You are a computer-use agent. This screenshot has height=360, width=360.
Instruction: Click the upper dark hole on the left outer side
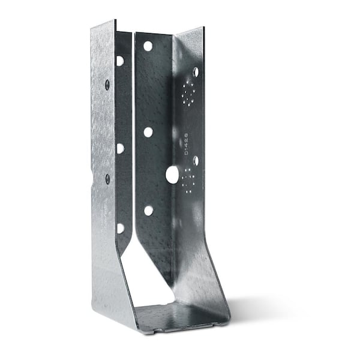click(107, 85)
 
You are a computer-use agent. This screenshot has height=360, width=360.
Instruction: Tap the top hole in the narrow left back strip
click(121, 61)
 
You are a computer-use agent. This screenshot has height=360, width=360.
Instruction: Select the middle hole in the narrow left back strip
click(121, 148)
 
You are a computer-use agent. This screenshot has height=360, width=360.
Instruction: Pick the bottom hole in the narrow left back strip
click(121, 227)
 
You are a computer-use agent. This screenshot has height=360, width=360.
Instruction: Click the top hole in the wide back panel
click(148, 46)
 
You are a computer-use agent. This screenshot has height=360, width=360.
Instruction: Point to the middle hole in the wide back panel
click(148, 131)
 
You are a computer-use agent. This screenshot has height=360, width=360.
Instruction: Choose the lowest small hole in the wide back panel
click(148, 211)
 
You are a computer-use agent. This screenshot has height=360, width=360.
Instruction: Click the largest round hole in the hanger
click(172, 175)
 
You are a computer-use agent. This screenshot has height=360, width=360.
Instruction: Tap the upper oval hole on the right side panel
click(196, 72)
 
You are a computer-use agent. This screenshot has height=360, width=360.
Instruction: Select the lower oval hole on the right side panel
click(196, 161)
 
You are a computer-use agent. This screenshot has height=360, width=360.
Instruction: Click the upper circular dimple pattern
click(188, 94)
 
